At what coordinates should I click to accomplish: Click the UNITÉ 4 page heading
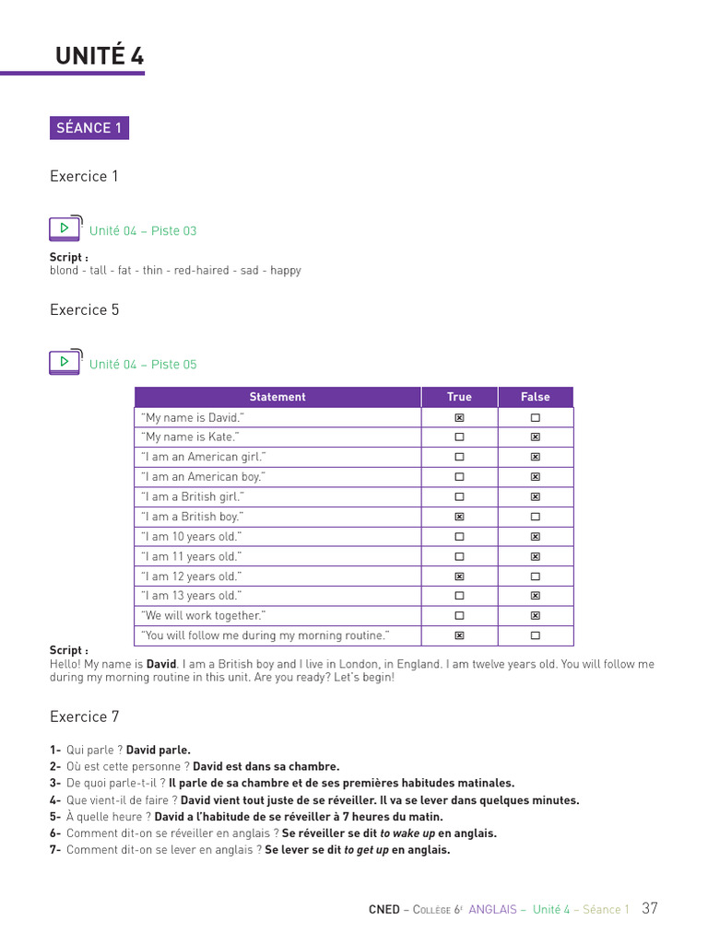(100, 56)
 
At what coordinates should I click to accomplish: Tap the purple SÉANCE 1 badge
(89, 128)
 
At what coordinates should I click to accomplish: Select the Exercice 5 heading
(84, 309)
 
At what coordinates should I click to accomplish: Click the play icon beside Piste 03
(65, 228)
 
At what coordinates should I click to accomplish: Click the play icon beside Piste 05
(65, 362)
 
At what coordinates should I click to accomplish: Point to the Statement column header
(277, 397)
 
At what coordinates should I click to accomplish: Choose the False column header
(535, 397)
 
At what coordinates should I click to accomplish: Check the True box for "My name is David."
(459, 418)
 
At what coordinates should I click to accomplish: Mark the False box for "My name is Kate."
(535, 437)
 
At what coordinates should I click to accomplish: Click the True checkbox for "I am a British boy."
(459, 518)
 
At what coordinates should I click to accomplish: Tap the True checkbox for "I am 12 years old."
(459, 576)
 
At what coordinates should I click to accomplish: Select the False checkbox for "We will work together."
(535, 616)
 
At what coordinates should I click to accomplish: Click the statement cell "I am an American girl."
(204, 457)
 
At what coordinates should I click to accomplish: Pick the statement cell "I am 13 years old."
(192, 596)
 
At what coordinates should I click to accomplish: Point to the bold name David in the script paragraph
(161, 664)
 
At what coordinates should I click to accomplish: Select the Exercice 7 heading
(84, 716)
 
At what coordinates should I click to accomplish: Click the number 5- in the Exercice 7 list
(55, 817)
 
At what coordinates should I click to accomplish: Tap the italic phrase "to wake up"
(407, 833)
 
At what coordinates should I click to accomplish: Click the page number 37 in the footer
(650, 908)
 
